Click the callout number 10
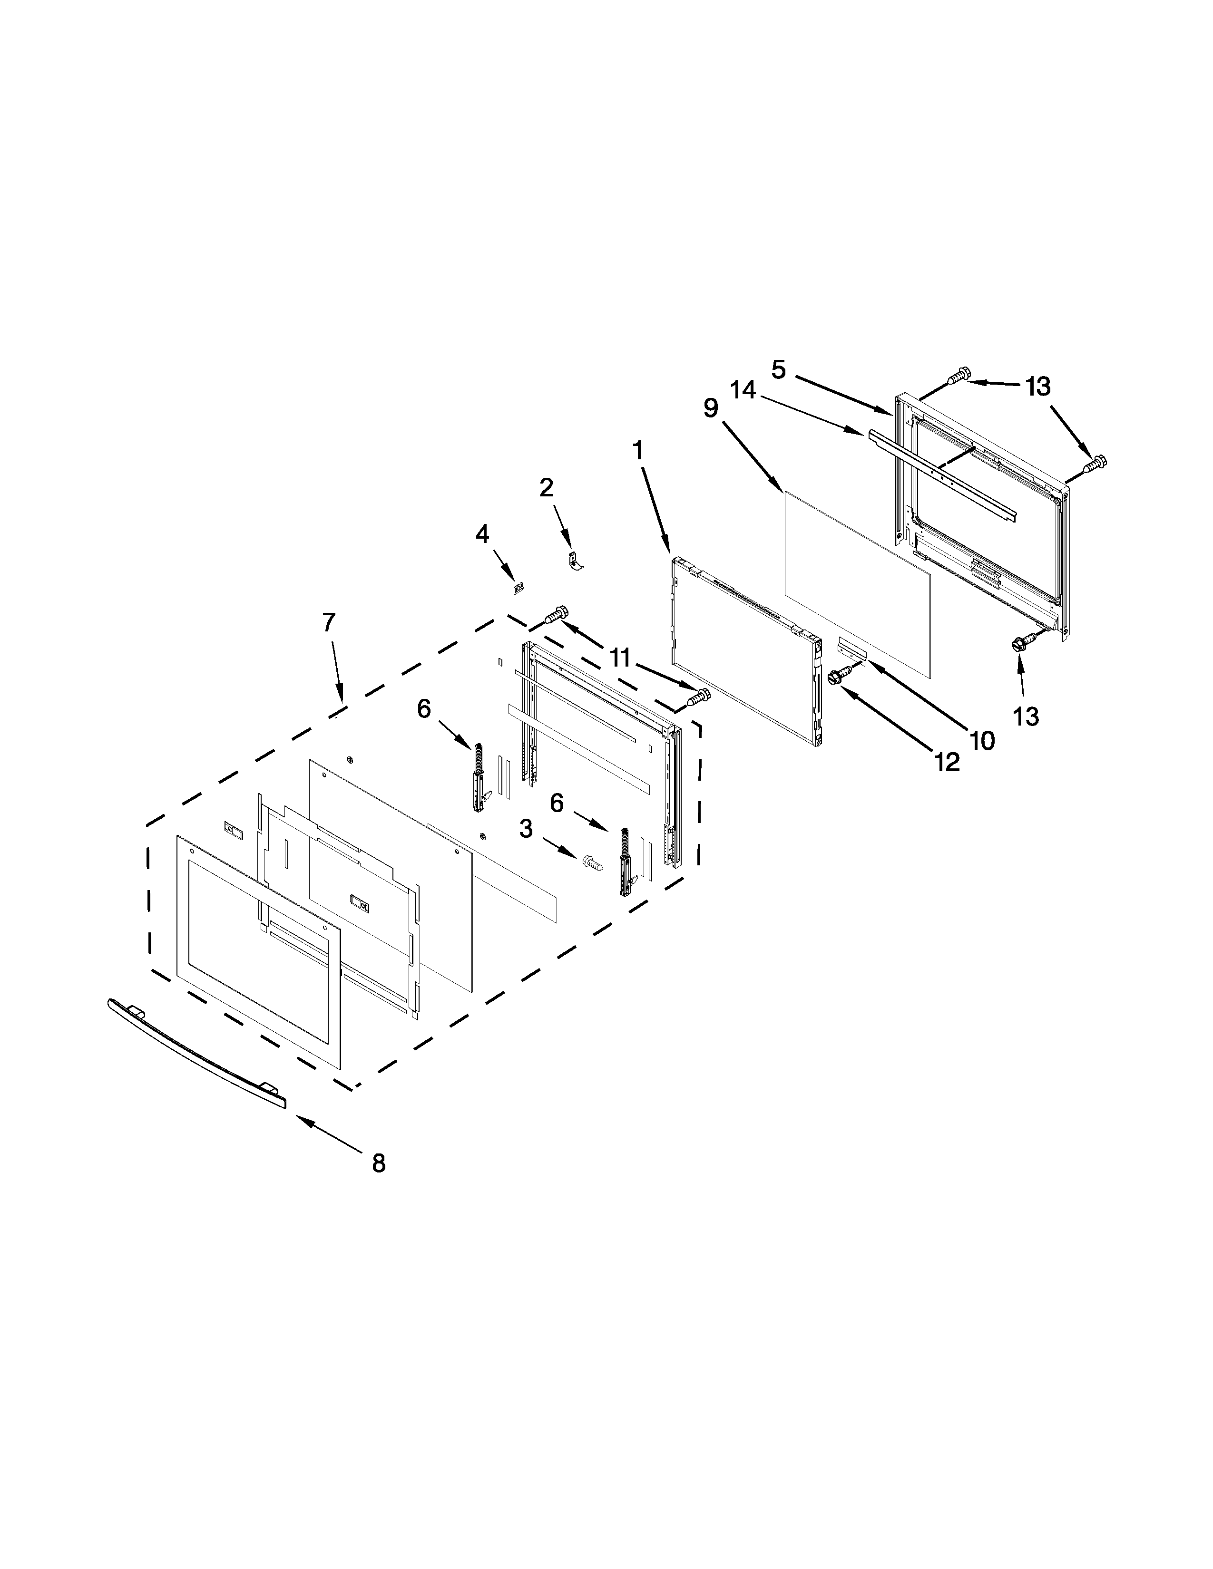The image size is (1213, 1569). tap(982, 740)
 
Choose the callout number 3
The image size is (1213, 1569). tap(526, 829)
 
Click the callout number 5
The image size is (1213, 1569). tap(779, 369)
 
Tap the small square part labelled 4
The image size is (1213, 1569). tap(517, 589)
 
